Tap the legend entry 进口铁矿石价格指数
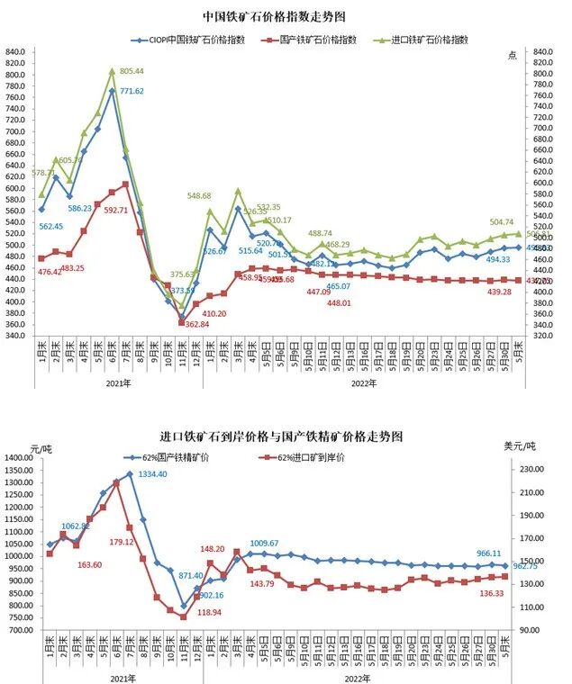coord(427,40)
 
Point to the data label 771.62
coord(132,91)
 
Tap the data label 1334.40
coord(152,474)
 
